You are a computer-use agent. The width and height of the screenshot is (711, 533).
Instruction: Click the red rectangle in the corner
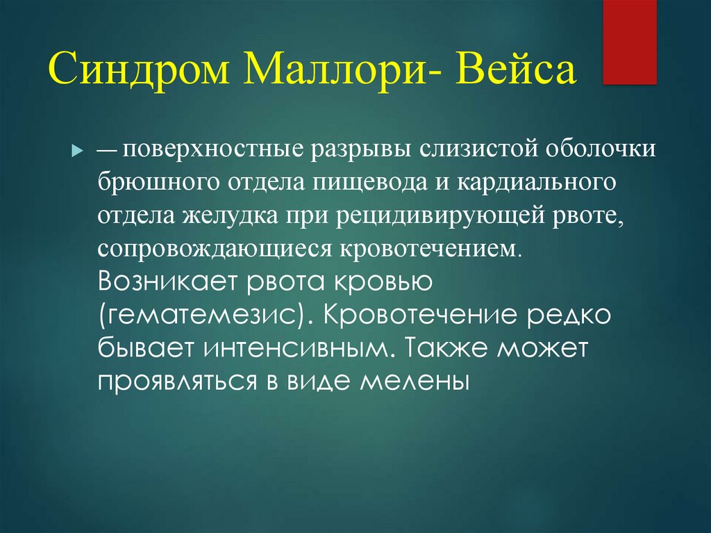[x=629, y=42]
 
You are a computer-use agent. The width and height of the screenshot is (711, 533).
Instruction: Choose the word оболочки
[x=601, y=149]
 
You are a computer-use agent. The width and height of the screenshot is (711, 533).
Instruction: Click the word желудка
[x=231, y=215]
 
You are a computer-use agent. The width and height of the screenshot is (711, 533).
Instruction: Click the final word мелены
[x=415, y=382]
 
